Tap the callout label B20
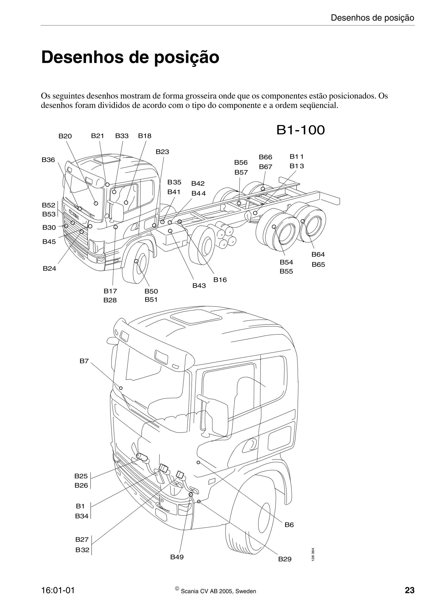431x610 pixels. [65, 136]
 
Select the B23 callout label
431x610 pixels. [162, 152]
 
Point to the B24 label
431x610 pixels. [49, 269]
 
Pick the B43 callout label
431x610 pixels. [199, 286]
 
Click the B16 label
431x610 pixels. [220, 280]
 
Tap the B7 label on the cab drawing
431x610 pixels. [84, 361]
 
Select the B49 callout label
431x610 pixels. [177, 557]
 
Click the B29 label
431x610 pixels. [285, 559]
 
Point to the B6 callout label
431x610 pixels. [289, 525]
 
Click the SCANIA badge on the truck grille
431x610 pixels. [74, 214]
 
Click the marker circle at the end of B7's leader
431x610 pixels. [121, 388]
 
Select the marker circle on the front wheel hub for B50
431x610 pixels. [137, 261]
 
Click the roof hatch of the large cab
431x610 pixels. [196, 317]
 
